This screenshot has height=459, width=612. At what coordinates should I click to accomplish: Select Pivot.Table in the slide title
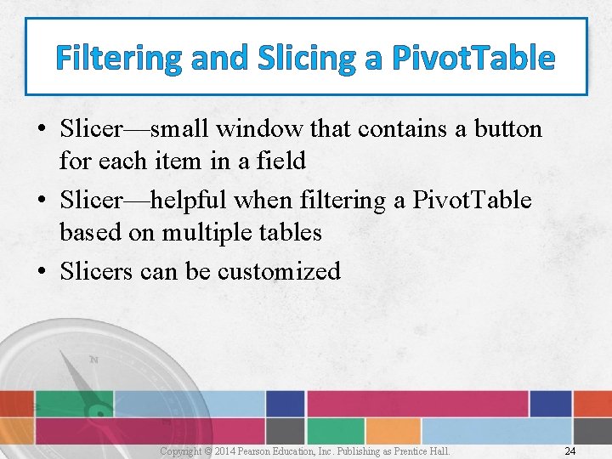pyautogui.click(x=473, y=58)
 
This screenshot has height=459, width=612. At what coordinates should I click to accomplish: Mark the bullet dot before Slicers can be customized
pyautogui.click(x=41, y=272)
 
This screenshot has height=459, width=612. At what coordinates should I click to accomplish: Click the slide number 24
pyautogui.click(x=569, y=450)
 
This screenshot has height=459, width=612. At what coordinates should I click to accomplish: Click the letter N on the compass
pyautogui.click(x=93, y=360)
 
